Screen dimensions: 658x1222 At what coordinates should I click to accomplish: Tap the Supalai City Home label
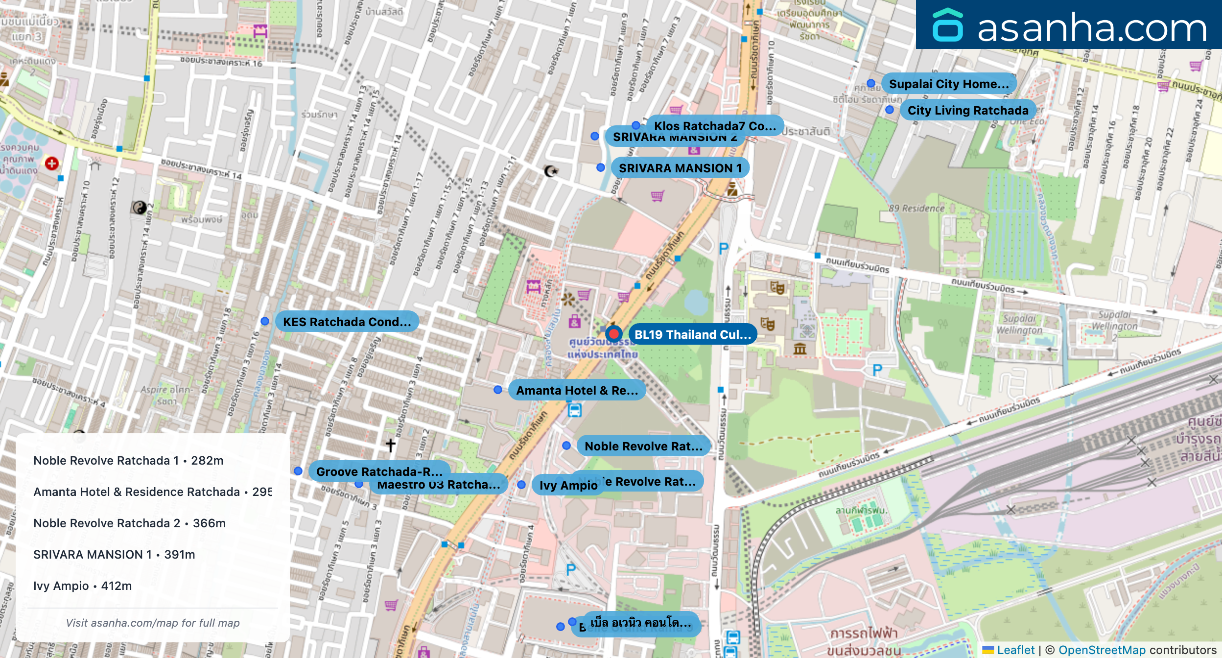pyautogui.click(x=948, y=84)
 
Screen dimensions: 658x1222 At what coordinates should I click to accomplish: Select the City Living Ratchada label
pyautogui.click(x=967, y=110)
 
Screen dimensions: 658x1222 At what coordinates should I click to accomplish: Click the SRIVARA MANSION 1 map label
pyautogui.click(x=680, y=168)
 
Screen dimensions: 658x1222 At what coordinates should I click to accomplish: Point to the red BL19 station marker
pyautogui.click(x=613, y=334)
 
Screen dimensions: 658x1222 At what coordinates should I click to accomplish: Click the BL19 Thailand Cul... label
pyautogui.click(x=692, y=334)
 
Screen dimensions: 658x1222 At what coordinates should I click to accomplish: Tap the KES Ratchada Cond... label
pyautogui.click(x=347, y=322)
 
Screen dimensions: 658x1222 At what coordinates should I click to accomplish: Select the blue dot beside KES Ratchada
pyautogui.click(x=265, y=321)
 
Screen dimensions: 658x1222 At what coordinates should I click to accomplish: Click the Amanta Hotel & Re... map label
pyautogui.click(x=577, y=390)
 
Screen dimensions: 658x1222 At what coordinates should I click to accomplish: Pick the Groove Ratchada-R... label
pyautogui.click(x=379, y=471)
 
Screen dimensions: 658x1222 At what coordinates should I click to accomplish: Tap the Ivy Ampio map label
pyautogui.click(x=568, y=485)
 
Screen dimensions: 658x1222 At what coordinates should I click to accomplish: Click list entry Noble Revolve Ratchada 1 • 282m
pyautogui.click(x=128, y=461)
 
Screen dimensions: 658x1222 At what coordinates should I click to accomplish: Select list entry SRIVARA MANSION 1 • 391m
pyautogui.click(x=114, y=555)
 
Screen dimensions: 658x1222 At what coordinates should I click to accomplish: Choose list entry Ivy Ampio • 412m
pyautogui.click(x=82, y=586)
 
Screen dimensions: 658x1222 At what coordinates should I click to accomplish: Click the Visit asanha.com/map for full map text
pyautogui.click(x=153, y=623)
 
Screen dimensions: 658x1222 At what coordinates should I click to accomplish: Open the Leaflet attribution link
pyautogui.click(x=1015, y=650)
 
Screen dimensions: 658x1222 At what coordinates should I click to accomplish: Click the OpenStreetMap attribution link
pyautogui.click(x=1102, y=650)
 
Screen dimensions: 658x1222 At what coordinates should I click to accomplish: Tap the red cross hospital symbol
pyautogui.click(x=52, y=163)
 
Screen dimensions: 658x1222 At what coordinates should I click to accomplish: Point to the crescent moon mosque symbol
pyautogui.click(x=551, y=171)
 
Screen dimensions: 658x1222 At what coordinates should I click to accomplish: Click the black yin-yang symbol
pyautogui.click(x=139, y=208)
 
